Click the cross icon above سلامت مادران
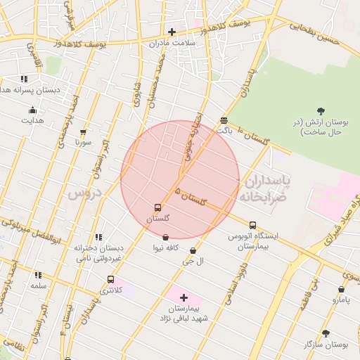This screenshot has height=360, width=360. click(172, 32)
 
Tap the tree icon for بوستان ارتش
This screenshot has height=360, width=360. click(321, 110)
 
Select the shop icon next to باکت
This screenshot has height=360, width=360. click(224, 120)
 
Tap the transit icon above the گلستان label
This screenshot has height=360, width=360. click(157, 208)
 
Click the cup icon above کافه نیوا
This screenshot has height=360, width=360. click(165, 238)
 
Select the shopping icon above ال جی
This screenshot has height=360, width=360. click(193, 250)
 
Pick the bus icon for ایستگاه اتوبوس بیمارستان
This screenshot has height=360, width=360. click(253, 226)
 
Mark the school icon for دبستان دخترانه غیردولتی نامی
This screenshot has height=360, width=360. click(98, 237)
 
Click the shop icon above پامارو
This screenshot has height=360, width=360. click(341, 289)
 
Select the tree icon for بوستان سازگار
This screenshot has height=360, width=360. click(325, 333)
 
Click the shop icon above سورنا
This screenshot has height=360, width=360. click(84, 131)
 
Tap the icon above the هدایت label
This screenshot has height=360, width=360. click(32, 110)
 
